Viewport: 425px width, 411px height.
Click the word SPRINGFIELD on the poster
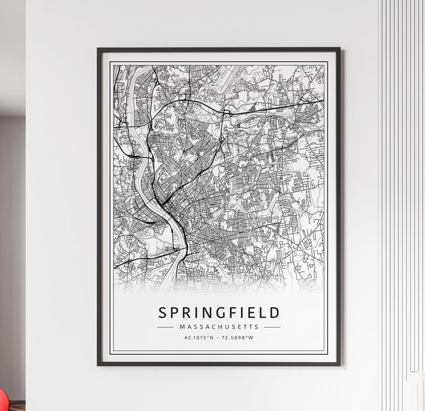point(218,313)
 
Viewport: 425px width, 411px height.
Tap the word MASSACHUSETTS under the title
point(219,327)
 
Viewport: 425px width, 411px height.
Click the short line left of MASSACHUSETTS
point(165,327)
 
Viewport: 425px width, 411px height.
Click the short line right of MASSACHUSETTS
point(272,327)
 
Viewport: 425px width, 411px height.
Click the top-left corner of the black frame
point(98,49)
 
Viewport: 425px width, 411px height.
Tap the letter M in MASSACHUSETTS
point(183,327)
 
